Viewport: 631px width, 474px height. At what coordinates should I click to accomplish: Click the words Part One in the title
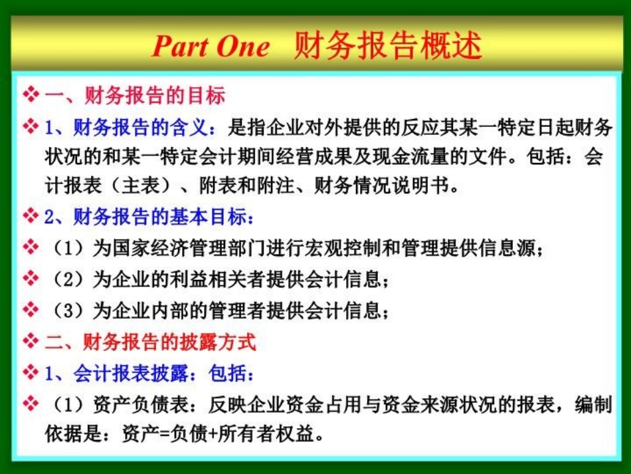211,47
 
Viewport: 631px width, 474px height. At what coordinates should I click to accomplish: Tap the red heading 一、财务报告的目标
135,96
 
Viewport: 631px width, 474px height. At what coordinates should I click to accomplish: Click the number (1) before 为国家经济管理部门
68,248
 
